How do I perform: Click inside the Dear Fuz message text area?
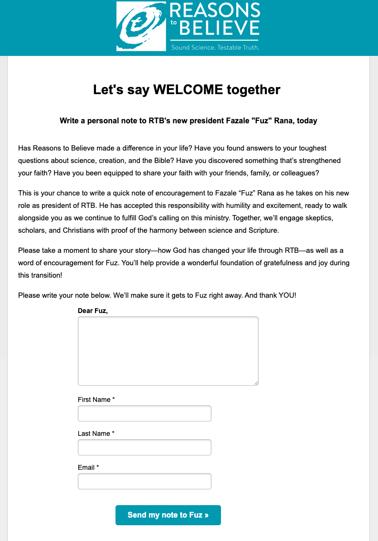[168, 351]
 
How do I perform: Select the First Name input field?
[144, 413]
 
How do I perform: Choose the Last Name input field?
[144, 447]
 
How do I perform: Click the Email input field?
[144, 481]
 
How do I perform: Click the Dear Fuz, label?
[93, 311]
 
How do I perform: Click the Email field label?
[88, 467]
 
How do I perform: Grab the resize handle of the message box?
[256, 382]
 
